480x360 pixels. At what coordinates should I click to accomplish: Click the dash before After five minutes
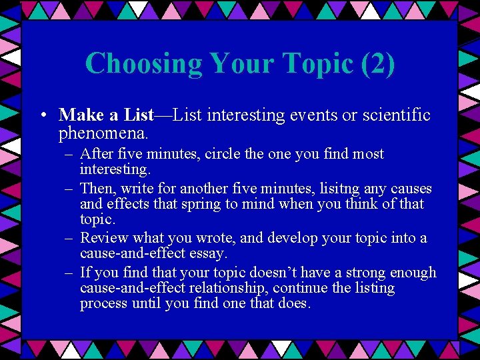(69, 154)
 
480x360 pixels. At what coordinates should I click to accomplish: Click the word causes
(410, 189)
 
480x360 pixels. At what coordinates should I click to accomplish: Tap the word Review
(103, 238)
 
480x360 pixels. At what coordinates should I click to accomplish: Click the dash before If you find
(69, 272)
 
